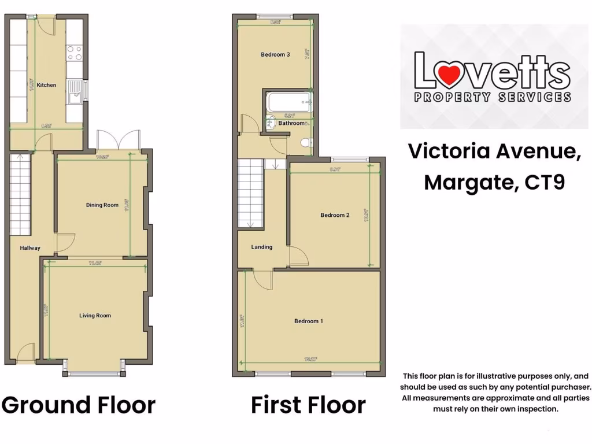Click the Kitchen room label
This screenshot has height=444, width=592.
coord(46,85)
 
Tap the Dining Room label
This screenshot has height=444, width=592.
coord(102,205)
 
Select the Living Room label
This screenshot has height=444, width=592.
coord(95,316)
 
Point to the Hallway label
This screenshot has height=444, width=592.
coord(30,248)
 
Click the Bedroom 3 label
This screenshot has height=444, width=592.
coord(275,54)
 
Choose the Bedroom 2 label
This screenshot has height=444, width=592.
coord(335,215)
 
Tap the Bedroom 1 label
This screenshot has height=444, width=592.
coord(309,321)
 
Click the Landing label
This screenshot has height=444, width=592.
coord(261,247)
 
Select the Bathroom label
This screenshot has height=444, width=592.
coord(291,123)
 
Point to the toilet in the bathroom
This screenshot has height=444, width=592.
coord(306,142)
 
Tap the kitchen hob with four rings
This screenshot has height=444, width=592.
coord(75,53)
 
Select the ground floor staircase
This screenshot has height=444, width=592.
coord(20,194)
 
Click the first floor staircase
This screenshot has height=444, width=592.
coord(250,194)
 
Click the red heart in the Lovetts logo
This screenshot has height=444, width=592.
coord(449,74)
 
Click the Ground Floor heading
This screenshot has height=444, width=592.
coord(79,405)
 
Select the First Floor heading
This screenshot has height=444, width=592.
coord(308,405)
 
